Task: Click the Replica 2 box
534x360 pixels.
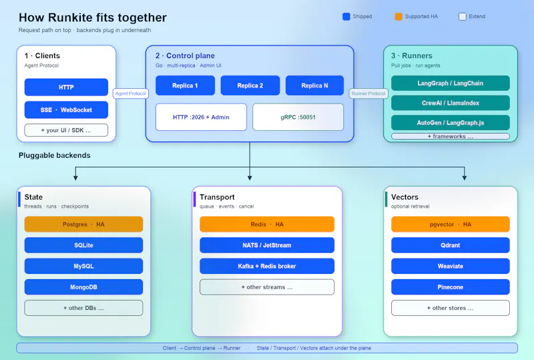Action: point(250,85)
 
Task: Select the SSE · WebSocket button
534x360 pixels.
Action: point(66,110)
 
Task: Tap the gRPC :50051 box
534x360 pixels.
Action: point(298,117)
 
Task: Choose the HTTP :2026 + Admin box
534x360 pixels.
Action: point(201,117)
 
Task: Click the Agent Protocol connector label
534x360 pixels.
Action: point(130,94)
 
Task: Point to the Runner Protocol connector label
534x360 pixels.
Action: point(368,94)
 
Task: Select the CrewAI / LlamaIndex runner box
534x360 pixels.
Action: point(450,103)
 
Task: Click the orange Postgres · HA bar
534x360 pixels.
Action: point(83,224)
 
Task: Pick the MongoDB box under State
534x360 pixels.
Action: point(83,287)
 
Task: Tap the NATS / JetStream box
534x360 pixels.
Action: point(267,245)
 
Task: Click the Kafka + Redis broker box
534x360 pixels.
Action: point(267,266)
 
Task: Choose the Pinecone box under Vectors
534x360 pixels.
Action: point(450,287)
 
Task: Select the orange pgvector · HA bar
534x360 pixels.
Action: point(450,224)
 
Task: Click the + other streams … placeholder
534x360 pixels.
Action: point(267,287)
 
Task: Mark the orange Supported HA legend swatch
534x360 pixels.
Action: point(398,16)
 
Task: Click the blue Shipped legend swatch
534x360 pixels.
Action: point(346,16)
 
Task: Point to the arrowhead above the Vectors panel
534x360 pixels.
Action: point(465,178)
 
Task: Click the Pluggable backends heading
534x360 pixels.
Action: point(55,156)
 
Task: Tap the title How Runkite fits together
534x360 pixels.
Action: point(93,17)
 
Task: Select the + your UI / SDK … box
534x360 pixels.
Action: point(66,130)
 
